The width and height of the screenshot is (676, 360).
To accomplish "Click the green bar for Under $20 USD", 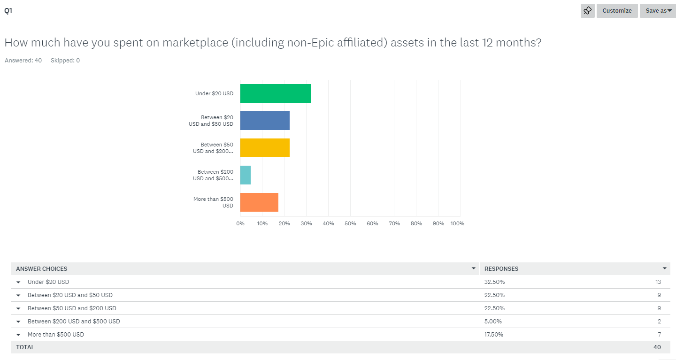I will coord(276,93).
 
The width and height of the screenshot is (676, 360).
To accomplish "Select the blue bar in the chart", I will coord(265,120).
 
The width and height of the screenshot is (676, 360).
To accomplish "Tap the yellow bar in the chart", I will coord(265,147).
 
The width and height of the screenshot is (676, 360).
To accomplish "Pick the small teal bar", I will coord(246,175).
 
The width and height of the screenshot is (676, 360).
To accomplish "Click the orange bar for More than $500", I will coord(259,202).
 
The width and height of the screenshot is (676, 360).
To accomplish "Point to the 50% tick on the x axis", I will coord(350,223).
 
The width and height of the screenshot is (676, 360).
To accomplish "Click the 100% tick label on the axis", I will coord(457,223).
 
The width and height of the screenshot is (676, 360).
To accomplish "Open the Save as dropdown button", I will coord(658,11).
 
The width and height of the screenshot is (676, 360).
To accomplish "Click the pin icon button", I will coord(587,11).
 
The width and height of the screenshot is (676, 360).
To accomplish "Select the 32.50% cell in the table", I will coord(494,282).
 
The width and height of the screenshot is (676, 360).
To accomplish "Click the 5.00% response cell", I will coord(493,322).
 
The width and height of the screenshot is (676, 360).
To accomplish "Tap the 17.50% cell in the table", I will coord(494,335).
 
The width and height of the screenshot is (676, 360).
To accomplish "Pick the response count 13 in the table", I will coord(658,282).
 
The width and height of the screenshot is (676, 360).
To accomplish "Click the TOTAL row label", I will coord(25,347).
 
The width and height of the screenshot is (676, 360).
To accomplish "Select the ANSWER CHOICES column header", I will coord(42,269).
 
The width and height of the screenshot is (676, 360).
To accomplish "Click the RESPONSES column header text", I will coord(501,269).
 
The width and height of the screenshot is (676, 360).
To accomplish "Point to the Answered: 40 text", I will coord(23,61).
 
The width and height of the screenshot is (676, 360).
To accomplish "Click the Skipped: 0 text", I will coord(65,61).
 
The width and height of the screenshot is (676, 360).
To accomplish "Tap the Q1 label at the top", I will coord(8,11).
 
